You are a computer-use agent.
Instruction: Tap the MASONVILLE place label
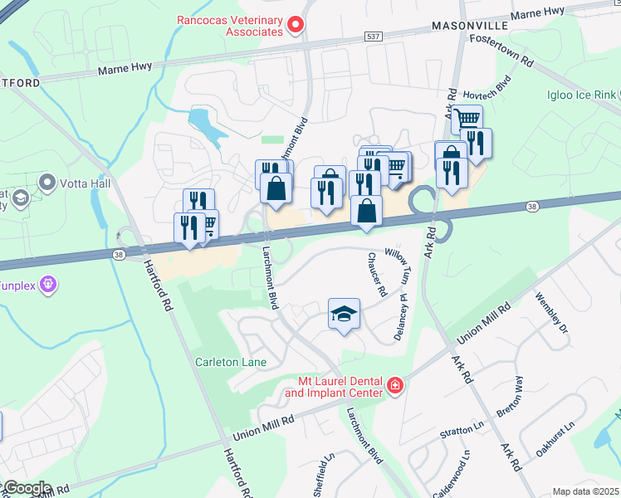pos(462,27)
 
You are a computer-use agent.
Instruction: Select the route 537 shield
pos(374,37)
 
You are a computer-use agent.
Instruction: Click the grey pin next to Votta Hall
pos(46,182)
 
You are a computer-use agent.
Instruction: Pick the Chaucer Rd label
pos(375,275)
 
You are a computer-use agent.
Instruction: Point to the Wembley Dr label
pos(553,314)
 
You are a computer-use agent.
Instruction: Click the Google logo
pos(27,488)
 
